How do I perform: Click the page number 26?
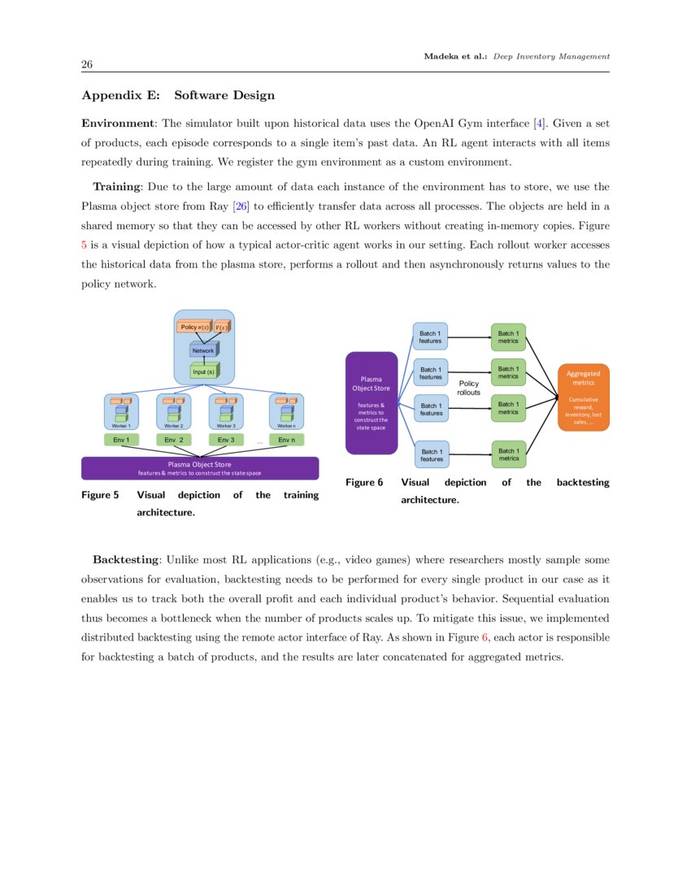[x=86, y=64]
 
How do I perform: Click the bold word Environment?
[x=119, y=124]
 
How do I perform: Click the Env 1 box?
[x=121, y=440]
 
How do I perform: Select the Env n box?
[x=286, y=440]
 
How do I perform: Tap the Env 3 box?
[x=226, y=440]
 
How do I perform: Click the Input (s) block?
[x=203, y=371]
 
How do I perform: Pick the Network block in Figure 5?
[x=203, y=350]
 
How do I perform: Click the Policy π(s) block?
[x=194, y=327]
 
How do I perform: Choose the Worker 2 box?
[x=173, y=411]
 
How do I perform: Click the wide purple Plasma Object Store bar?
[x=200, y=468]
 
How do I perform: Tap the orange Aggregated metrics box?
[x=583, y=397]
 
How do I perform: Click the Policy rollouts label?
[x=469, y=388]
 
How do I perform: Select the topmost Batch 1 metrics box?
[x=508, y=336]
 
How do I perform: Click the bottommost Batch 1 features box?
[x=431, y=455]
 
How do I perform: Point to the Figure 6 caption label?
[x=363, y=482]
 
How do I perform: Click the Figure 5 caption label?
[x=100, y=495]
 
